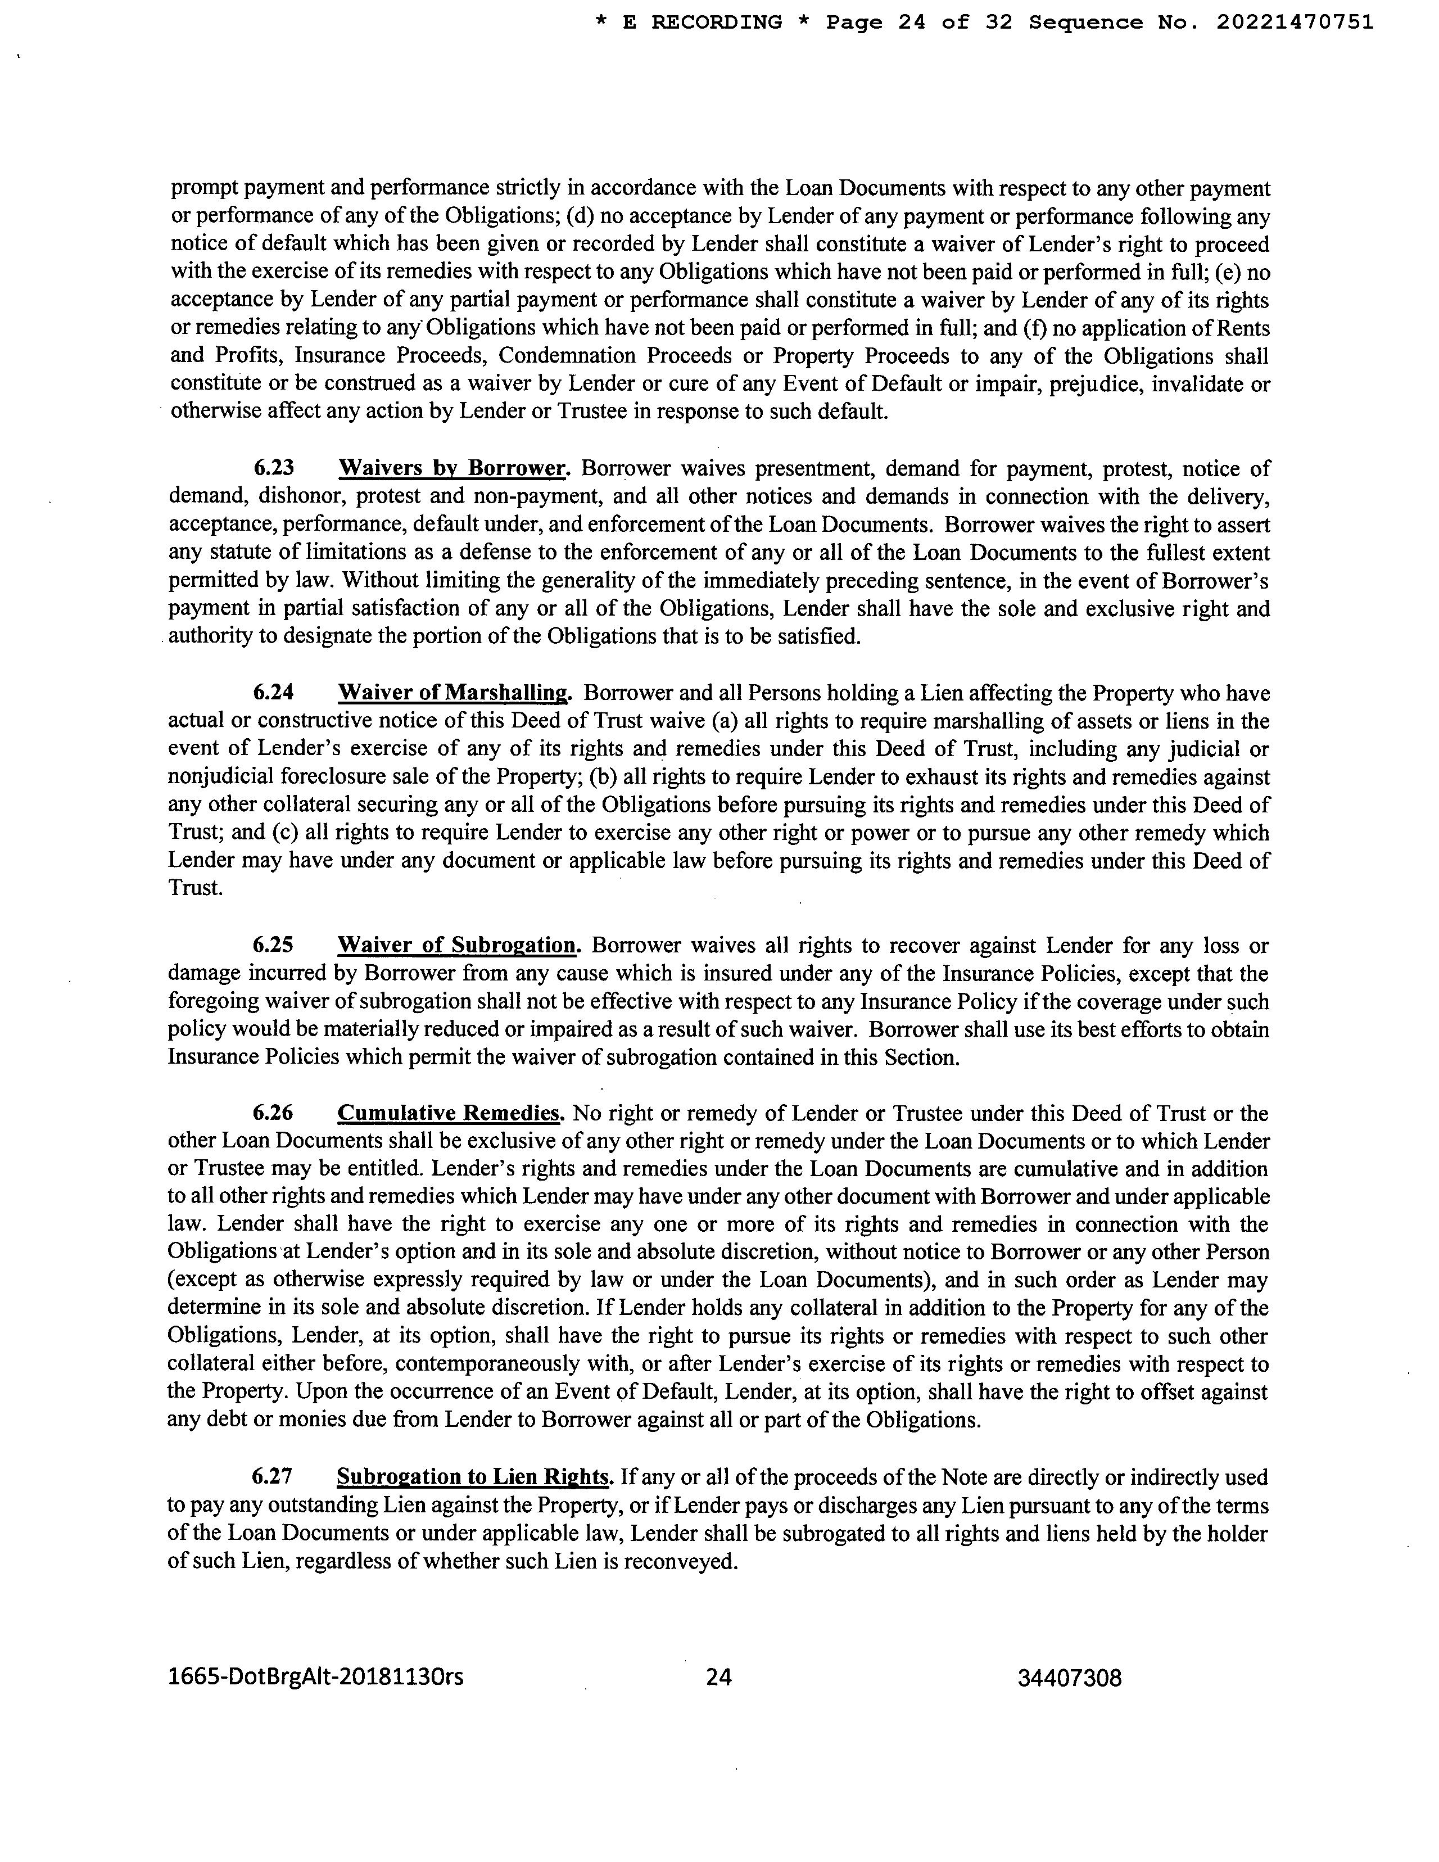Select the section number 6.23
[x=274, y=469]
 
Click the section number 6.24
[x=274, y=693]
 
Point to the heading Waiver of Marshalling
[x=454, y=693]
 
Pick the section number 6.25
[x=274, y=946]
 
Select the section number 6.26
[x=274, y=1114]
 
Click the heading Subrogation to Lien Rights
[x=475, y=1477]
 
